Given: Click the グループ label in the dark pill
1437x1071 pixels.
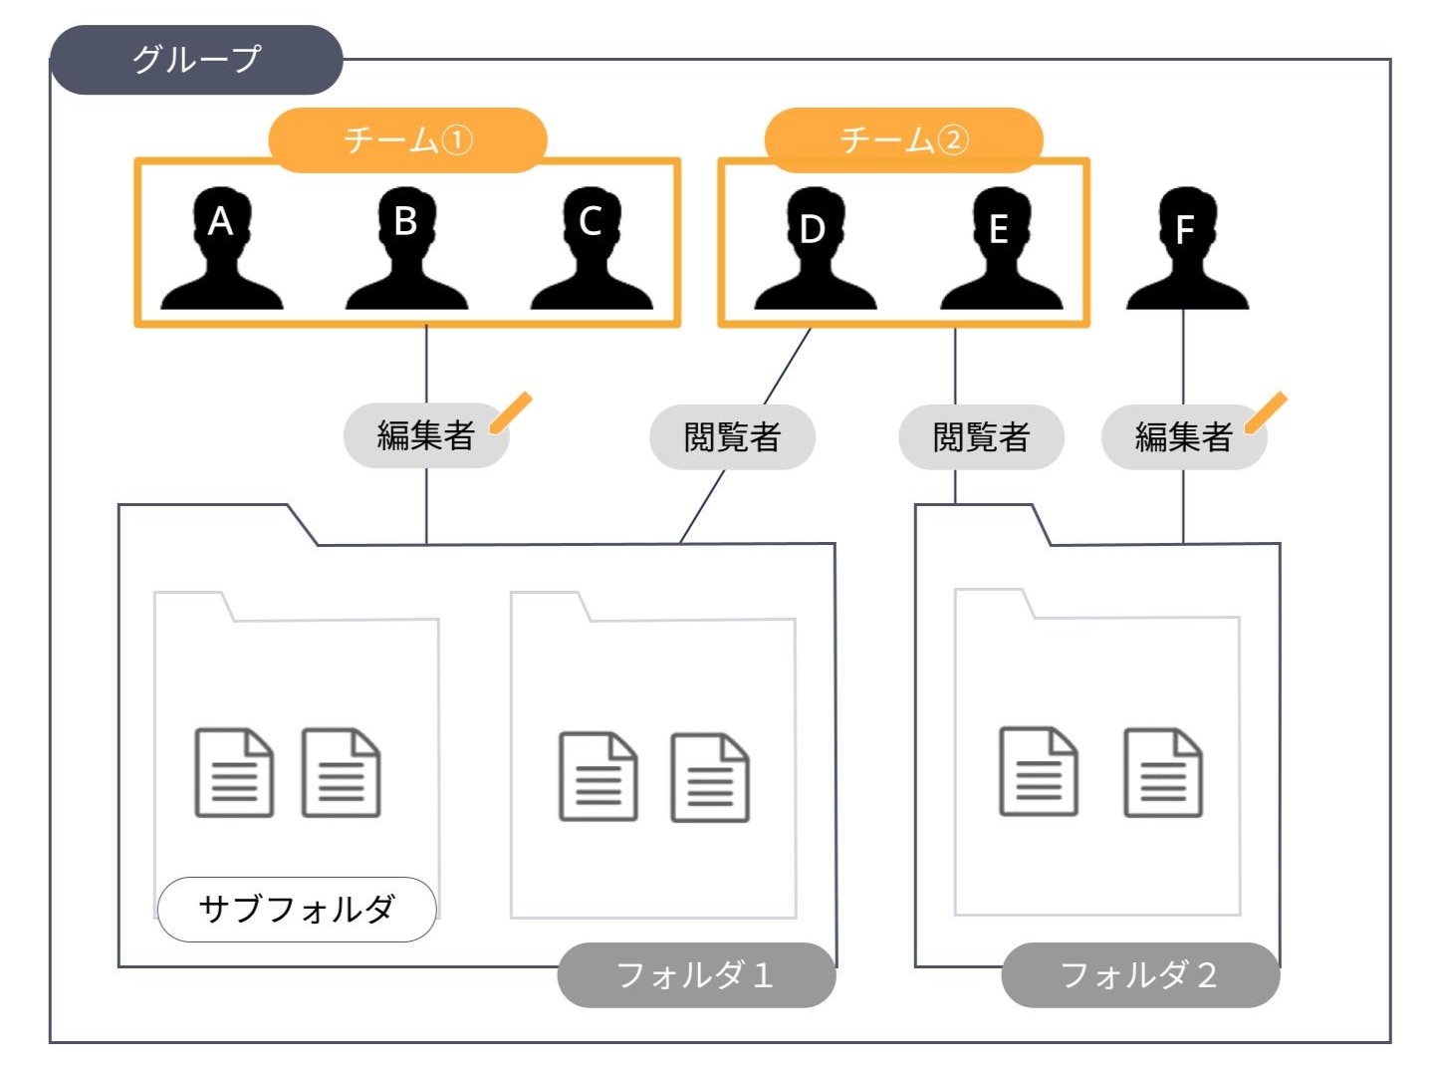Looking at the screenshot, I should pos(196,60).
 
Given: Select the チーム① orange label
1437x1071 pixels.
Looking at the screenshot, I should pos(407,139).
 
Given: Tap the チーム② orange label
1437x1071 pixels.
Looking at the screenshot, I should pos(903,139).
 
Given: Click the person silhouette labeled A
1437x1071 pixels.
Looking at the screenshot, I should pos(221,249).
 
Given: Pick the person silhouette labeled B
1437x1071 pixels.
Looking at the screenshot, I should pos(405,249).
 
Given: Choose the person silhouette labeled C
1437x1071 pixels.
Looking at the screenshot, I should pos(591,249).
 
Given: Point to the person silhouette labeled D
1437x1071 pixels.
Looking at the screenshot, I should pos(814,249).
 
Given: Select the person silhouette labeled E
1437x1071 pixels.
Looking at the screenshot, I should pos(1000,249).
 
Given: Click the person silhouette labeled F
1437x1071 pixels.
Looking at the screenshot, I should pos(1185,249).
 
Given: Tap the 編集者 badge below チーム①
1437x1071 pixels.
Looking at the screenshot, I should pos(425,435).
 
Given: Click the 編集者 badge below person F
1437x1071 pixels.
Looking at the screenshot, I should pos(1183,436).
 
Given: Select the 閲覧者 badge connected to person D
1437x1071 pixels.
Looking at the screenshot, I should pos(732,436).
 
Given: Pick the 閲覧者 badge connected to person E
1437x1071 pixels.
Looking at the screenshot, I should pos(981,436).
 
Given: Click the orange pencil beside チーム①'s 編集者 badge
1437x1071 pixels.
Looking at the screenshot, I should pos(512,412).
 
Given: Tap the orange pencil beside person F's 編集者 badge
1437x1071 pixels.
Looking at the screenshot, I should pos(1266,412).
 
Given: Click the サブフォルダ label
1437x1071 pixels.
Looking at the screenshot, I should pos(297,909).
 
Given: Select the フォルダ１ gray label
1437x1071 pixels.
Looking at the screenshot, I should pos(695,974).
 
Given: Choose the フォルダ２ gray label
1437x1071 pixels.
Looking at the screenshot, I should pos(1139,974).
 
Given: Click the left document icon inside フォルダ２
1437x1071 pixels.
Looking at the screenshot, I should pos(1038,771).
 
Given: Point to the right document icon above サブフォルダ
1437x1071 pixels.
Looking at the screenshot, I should pos(341,773).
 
